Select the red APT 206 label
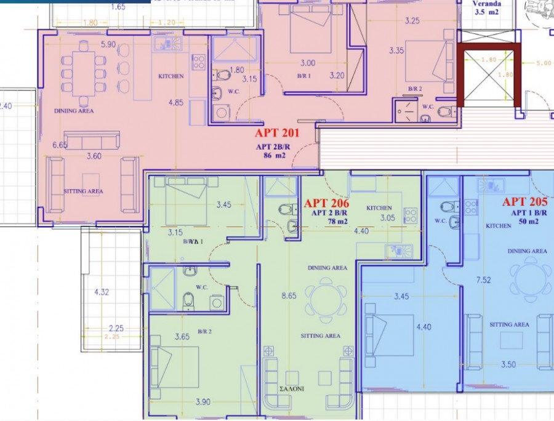point(327,203)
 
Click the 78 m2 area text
point(327,222)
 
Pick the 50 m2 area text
point(524,220)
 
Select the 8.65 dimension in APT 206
point(289,296)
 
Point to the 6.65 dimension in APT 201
point(60,145)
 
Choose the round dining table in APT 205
point(533,278)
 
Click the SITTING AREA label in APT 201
point(84,191)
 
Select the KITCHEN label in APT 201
point(171,76)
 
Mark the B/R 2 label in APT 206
point(204,332)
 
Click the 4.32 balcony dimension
point(102,292)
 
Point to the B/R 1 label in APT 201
point(303,76)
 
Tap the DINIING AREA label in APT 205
point(528,251)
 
